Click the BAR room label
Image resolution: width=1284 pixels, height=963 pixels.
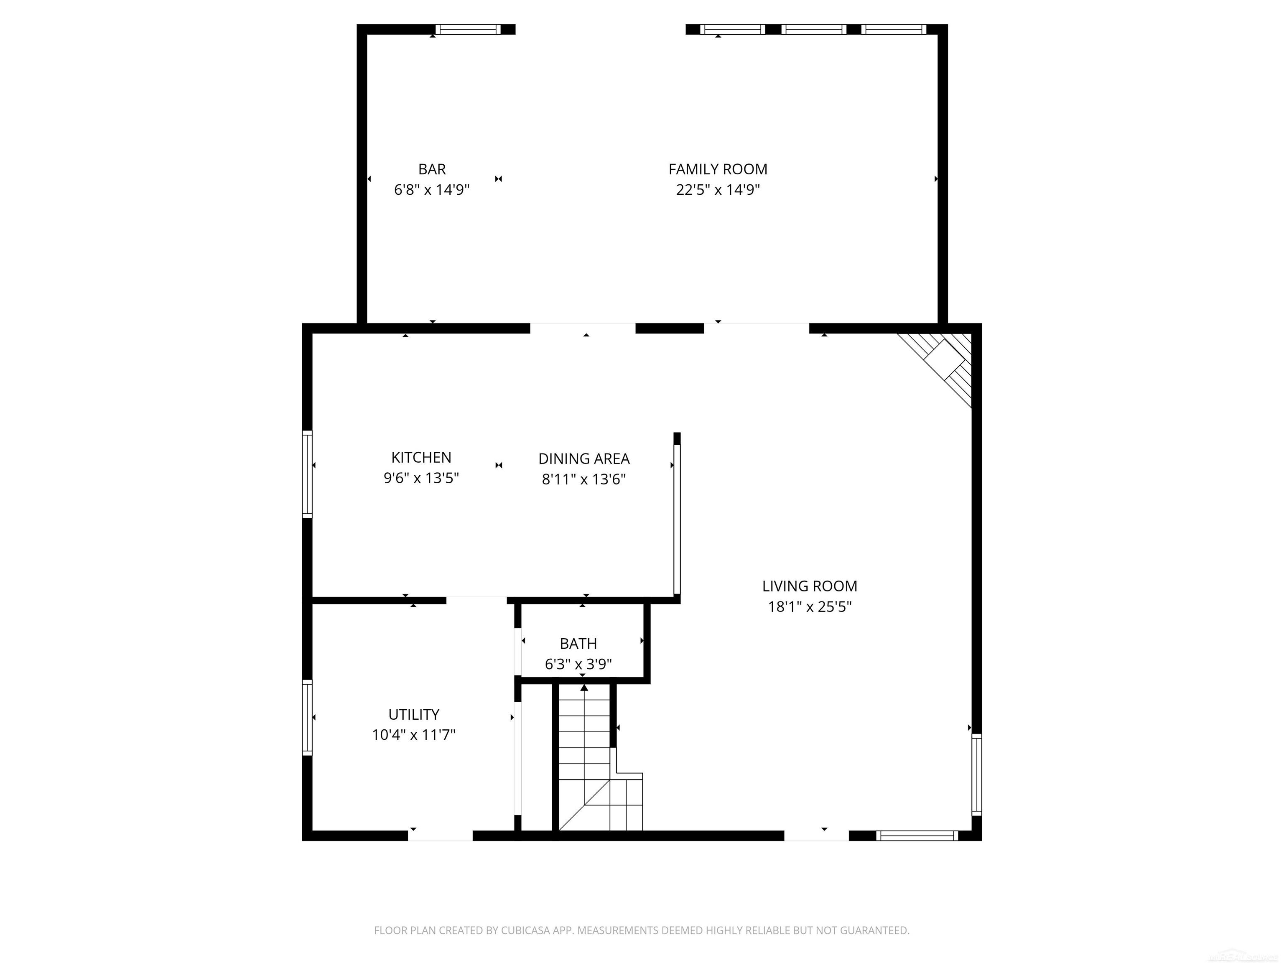(x=432, y=169)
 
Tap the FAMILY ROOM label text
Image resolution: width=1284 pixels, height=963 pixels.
(x=718, y=169)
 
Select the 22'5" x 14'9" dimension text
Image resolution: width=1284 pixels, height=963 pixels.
(x=718, y=190)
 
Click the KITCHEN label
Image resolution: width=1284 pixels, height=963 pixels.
(x=421, y=457)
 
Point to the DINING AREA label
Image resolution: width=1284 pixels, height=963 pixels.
(x=583, y=459)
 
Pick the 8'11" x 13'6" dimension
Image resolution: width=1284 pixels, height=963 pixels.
(x=583, y=479)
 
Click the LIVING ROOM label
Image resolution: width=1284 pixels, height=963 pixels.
(x=809, y=586)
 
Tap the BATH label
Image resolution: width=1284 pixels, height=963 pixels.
(x=578, y=643)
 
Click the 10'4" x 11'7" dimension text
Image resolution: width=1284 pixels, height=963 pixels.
(x=413, y=735)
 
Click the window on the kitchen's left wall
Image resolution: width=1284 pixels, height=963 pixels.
(x=307, y=474)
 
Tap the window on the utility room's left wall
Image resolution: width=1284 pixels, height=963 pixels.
(x=307, y=718)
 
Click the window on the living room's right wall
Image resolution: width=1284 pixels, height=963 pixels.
(x=976, y=774)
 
